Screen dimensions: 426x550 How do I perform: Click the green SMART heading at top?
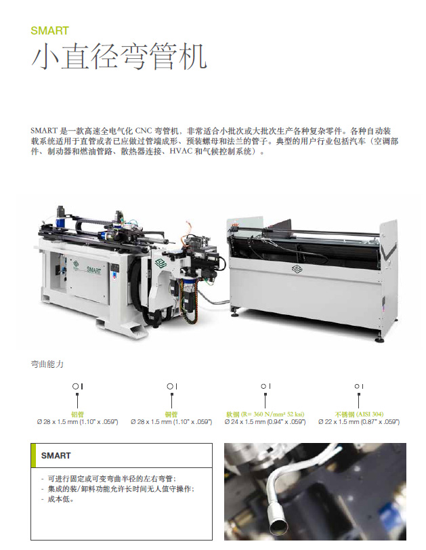(x=49, y=30)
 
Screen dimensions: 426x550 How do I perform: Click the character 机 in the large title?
(x=192, y=56)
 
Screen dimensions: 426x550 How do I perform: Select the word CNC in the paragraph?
(x=143, y=131)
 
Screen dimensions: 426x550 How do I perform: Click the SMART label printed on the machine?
(x=93, y=270)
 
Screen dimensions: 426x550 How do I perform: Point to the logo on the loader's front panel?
(x=297, y=269)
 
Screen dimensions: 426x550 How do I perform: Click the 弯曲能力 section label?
(x=47, y=364)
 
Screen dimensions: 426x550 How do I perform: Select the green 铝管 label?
(x=77, y=415)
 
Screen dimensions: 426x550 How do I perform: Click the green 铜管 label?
(x=171, y=415)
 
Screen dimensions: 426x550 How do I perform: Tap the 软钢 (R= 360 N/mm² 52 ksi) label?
(x=265, y=415)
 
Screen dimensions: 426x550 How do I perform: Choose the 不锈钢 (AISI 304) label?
(x=359, y=415)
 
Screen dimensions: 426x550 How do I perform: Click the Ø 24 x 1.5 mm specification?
(x=265, y=421)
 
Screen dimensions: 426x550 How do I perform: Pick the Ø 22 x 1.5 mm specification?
(x=359, y=421)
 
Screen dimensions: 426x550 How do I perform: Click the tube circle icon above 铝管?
(x=75, y=386)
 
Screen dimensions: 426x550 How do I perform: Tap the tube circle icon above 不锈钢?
(x=356, y=386)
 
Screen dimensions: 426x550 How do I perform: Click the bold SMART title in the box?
(x=56, y=456)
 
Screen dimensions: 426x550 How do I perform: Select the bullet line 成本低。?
(x=60, y=499)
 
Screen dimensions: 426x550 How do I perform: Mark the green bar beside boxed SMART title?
(x=33, y=455)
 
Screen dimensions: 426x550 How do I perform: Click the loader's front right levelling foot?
(x=379, y=339)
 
